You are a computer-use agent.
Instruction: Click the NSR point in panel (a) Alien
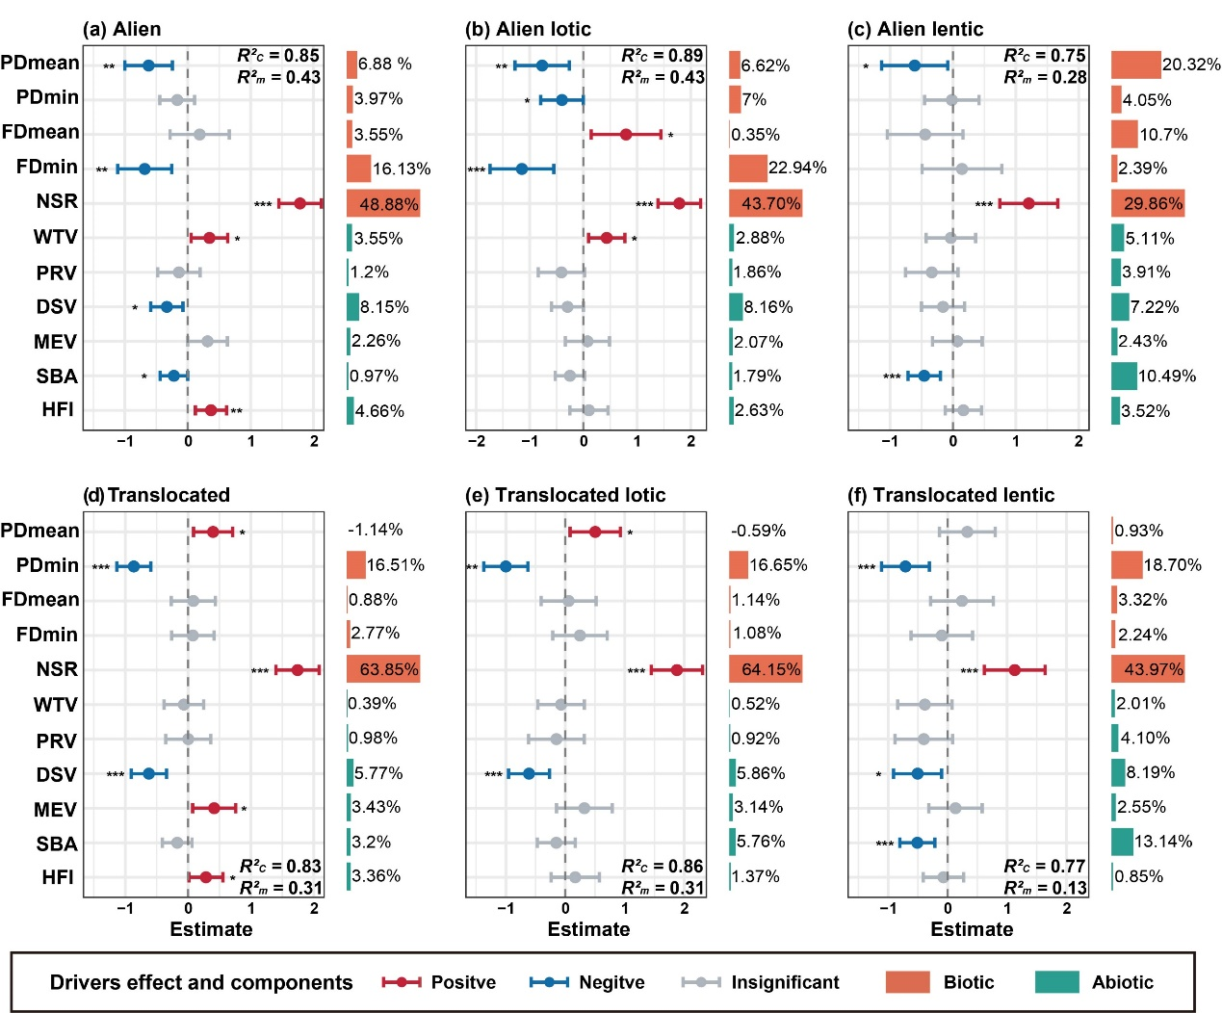pyautogui.click(x=300, y=203)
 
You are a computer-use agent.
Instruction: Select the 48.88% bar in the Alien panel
pyautogui.click(x=383, y=203)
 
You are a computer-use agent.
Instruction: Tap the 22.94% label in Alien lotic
pyautogui.click(x=797, y=169)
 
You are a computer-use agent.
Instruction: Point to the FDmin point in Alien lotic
pyautogui.click(x=522, y=169)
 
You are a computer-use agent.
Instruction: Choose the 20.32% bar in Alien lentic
pyautogui.click(x=1135, y=65)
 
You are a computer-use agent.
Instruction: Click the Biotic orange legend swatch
pyautogui.click(x=907, y=982)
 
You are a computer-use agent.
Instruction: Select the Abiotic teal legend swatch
pyautogui.click(x=1056, y=982)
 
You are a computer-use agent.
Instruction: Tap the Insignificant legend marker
pyautogui.click(x=701, y=982)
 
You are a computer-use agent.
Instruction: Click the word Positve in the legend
pyautogui.click(x=463, y=982)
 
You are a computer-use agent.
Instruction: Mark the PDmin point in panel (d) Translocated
pyautogui.click(x=134, y=566)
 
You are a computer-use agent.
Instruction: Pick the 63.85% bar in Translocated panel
pyautogui.click(x=383, y=669)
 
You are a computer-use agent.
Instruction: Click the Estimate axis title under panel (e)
pyautogui.click(x=588, y=929)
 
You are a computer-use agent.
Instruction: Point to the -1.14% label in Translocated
pyautogui.click(x=376, y=531)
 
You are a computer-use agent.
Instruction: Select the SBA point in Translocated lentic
pyautogui.click(x=917, y=843)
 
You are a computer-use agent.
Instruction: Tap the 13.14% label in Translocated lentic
pyautogui.click(x=1163, y=842)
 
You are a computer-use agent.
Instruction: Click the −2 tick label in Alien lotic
pyautogui.click(x=476, y=441)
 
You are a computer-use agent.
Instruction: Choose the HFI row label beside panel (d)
pyautogui.click(x=58, y=877)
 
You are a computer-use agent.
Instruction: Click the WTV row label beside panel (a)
pyautogui.click(x=55, y=238)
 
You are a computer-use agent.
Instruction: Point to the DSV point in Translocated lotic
pyautogui.click(x=529, y=773)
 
